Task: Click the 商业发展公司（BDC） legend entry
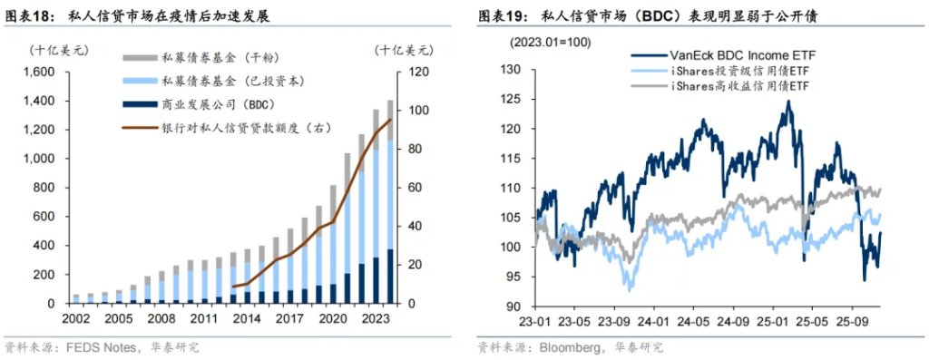tap(209, 103)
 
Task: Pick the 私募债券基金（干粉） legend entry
tap(209, 56)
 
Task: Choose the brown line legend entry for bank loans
tap(227, 127)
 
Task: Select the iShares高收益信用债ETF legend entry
tap(739, 84)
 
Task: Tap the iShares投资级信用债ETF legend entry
tap(739, 70)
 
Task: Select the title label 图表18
tap(29, 16)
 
